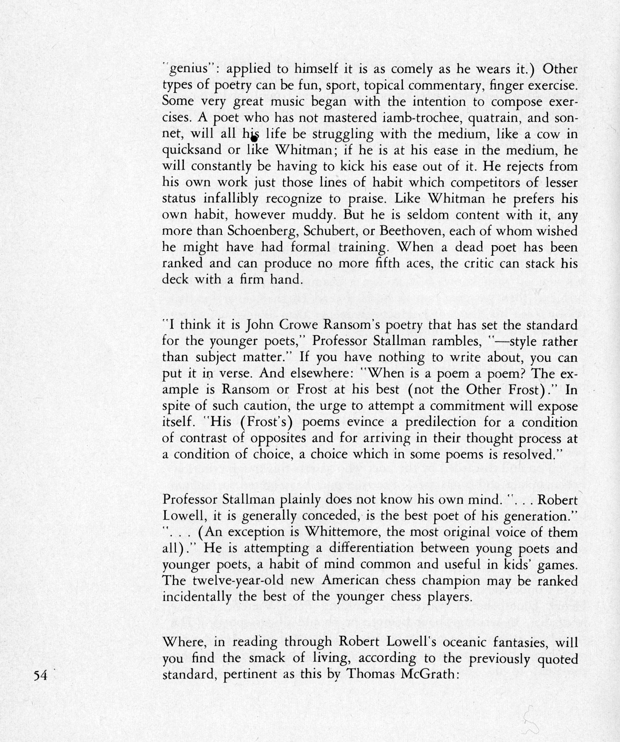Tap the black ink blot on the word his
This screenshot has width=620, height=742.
pos(253,139)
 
